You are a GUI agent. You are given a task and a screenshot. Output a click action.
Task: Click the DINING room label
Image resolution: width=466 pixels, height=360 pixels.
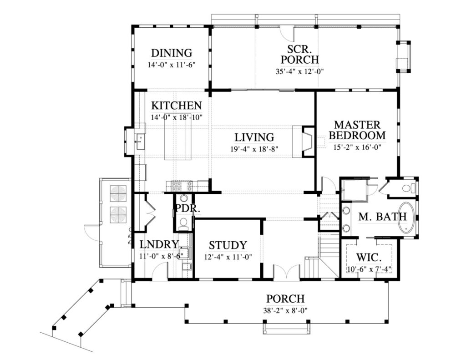(x=171, y=53)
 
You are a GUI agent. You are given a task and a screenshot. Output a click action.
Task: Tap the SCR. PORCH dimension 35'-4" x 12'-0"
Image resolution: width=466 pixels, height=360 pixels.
(x=299, y=71)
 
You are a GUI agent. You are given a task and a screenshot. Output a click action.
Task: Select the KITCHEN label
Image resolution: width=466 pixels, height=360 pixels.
(x=176, y=106)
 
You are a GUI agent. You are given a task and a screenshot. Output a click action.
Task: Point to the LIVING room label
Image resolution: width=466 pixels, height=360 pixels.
(x=254, y=137)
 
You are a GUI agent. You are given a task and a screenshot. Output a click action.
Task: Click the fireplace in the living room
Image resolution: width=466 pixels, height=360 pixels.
(x=307, y=141)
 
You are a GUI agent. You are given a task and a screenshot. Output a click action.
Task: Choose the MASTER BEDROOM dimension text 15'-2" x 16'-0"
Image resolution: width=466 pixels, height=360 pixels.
(x=357, y=147)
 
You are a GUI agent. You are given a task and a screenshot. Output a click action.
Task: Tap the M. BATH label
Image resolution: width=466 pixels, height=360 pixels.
(x=382, y=217)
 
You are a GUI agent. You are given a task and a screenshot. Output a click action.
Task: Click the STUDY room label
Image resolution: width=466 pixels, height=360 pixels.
(x=228, y=245)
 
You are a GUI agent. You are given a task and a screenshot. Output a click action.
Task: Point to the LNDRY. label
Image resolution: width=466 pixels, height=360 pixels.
(x=157, y=243)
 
